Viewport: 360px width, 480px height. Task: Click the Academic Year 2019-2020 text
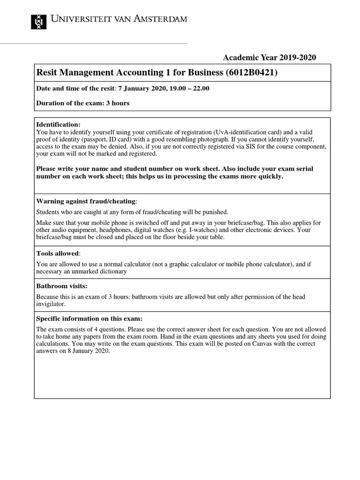coord(270,58)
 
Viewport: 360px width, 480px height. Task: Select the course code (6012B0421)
coord(255,72)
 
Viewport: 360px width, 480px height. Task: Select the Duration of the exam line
coord(82,103)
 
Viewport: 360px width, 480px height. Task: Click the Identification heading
coord(59,125)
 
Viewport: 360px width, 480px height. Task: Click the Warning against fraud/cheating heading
coord(86,201)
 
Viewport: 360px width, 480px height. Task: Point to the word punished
coord(214,212)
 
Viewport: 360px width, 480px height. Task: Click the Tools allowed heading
coord(58,253)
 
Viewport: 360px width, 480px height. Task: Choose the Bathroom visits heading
coord(62,285)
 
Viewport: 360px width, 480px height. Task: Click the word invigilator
coord(53,304)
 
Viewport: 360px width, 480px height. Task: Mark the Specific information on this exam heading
coord(86,318)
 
